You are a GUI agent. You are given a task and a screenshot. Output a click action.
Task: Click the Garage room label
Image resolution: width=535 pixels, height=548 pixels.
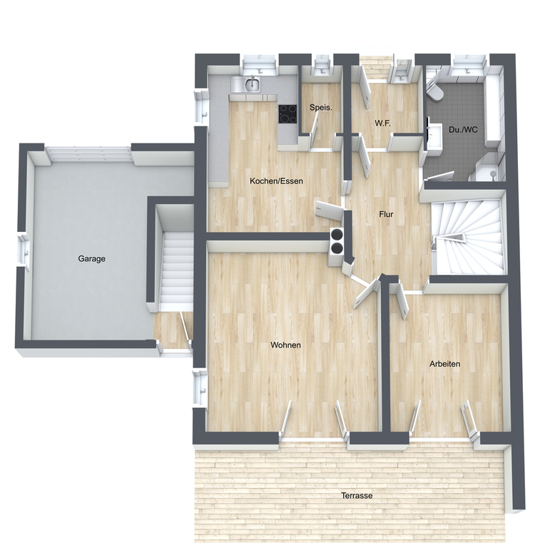point(91,259)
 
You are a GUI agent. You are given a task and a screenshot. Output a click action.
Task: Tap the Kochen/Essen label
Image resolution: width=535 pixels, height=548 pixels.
point(276,181)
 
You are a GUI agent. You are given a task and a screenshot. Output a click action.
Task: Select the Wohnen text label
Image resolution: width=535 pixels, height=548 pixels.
point(285,345)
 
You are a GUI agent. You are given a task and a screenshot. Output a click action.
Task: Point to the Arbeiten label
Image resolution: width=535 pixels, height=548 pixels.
point(445,364)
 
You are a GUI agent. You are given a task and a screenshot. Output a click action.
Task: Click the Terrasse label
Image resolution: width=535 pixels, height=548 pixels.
point(357,496)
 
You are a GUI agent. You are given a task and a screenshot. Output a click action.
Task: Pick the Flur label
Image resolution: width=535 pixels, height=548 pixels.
point(386,214)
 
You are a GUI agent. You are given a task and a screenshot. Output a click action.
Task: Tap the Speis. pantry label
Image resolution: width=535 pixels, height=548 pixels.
point(320,108)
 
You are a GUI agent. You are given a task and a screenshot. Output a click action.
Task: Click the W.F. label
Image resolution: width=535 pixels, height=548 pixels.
point(382,123)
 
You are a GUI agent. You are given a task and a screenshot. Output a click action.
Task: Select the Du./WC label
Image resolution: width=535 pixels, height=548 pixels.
point(463,130)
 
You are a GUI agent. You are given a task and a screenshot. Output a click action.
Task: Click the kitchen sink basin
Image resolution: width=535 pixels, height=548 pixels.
point(253,84)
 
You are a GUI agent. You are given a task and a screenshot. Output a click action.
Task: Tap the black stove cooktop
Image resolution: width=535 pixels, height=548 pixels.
point(287,114)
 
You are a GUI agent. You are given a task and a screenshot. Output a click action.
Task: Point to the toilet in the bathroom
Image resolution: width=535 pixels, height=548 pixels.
point(435,91)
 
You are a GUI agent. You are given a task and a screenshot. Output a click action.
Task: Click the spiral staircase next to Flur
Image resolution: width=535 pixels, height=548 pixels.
point(468,237)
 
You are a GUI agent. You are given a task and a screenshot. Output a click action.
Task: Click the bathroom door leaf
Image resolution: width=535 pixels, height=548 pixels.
point(439,176)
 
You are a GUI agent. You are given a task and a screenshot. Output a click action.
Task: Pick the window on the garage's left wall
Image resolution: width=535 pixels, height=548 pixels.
point(24,249)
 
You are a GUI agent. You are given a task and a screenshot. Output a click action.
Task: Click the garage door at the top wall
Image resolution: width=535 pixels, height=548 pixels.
point(88,154)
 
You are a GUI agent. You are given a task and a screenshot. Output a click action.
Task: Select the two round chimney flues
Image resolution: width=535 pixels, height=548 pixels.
point(337,241)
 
